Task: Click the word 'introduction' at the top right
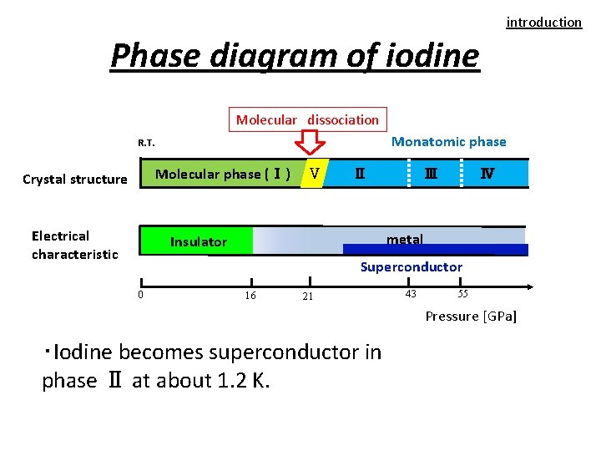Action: [543, 23]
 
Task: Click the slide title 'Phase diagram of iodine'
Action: [295, 56]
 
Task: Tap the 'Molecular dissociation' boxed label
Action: [307, 119]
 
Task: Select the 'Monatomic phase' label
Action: [448, 141]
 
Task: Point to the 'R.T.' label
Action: [146, 143]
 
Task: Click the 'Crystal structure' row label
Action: [75, 179]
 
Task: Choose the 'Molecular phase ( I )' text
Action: [223, 174]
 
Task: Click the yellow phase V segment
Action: [312, 174]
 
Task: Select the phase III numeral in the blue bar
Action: [430, 174]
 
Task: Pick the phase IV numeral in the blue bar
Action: [487, 174]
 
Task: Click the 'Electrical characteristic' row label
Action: [74, 245]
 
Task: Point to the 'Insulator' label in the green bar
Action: [198, 242]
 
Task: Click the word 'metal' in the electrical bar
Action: [404, 240]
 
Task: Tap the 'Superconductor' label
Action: [411, 266]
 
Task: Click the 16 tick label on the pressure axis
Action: [250, 296]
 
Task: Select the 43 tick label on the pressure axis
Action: [411, 293]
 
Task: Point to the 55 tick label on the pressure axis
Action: [463, 293]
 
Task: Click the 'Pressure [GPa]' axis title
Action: [471, 316]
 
